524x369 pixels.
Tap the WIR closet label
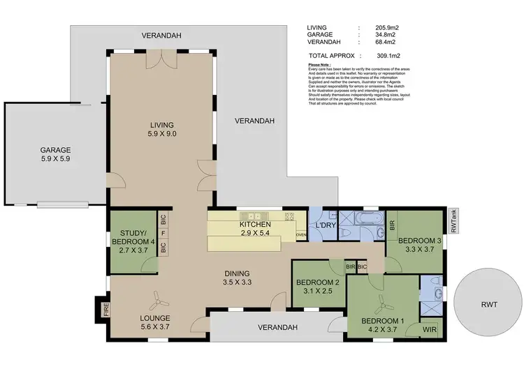430,329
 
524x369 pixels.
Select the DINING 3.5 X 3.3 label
237,278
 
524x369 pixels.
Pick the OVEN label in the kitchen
301,235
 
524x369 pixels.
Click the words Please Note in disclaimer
319,64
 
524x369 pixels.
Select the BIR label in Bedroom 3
392,225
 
